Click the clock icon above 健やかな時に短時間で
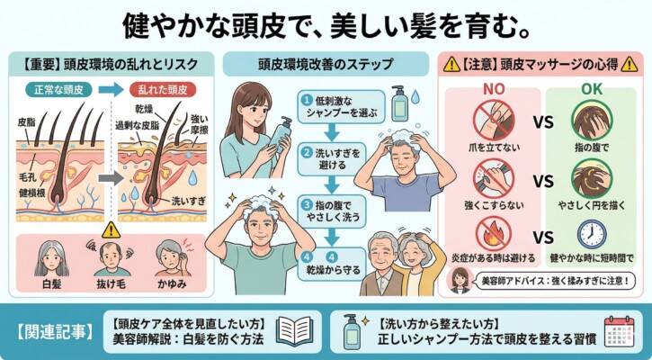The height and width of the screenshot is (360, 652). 591,233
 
